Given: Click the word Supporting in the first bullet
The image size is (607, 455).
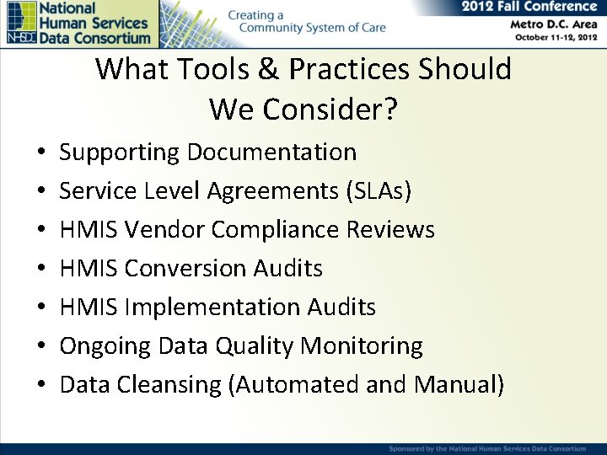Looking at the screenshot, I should tap(120, 153).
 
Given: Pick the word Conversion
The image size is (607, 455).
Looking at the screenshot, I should tap(186, 268).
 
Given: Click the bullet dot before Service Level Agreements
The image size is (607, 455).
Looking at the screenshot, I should tap(41, 192).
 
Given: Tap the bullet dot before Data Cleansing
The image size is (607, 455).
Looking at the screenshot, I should tap(41, 385).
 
